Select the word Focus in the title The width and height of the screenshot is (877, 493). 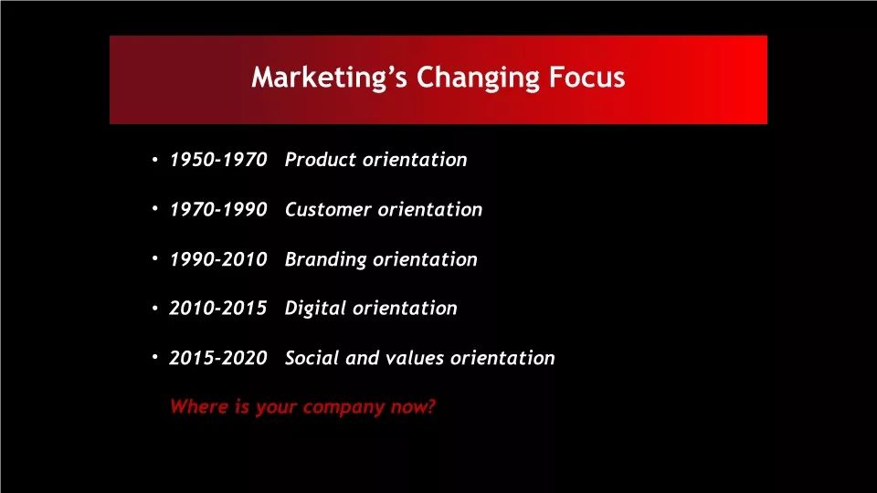coord(586,77)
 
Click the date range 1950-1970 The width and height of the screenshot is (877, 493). coord(218,160)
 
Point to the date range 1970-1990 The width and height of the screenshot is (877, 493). coord(218,210)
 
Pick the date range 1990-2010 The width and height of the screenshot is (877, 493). coord(218,259)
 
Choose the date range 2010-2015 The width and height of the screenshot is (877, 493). coord(218,308)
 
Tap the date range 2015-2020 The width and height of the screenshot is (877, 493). coord(218,358)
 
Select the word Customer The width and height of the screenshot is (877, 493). coord(328,210)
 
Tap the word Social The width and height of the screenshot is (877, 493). coord(312,358)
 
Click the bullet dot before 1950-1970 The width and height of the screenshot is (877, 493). coord(155,160)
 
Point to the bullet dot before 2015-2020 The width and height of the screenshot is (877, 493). coord(155,357)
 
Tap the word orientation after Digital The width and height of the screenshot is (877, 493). coord(406,308)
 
